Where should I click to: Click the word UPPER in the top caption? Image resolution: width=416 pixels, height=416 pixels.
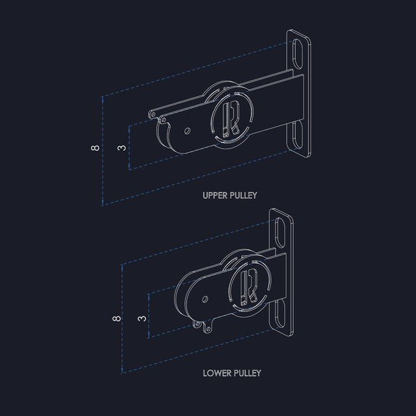click(214, 195)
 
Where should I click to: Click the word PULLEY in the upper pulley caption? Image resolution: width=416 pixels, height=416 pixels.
click(243, 195)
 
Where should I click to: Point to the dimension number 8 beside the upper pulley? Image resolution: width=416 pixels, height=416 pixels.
click(96, 149)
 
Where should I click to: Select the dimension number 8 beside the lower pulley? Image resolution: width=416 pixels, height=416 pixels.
click(116, 318)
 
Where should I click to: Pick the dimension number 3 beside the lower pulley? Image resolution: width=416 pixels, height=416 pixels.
click(142, 318)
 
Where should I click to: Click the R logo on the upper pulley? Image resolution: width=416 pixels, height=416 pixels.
click(231, 117)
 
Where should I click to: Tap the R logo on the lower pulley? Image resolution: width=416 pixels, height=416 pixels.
click(250, 286)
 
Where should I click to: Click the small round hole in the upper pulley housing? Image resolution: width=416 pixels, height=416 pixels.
click(187, 131)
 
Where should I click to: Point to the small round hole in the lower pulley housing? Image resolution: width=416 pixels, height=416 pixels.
click(205, 300)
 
